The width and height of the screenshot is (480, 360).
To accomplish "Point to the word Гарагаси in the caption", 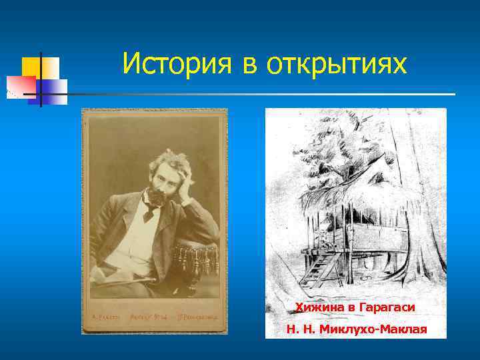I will click(389, 307).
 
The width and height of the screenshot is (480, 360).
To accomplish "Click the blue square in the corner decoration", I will click(55, 87).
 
